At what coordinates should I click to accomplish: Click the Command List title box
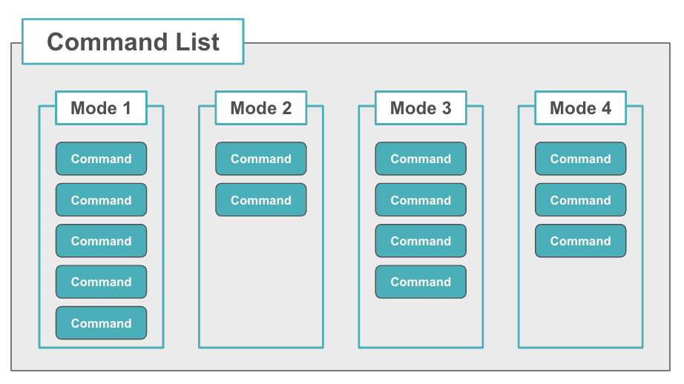tap(133, 42)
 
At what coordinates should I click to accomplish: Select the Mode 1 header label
tap(101, 108)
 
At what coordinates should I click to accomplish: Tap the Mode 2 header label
tap(261, 108)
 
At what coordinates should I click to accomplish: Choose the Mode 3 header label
tap(421, 108)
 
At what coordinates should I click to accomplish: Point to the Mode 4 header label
tap(580, 108)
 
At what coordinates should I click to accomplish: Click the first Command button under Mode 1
tap(101, 159)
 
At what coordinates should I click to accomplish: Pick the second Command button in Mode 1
tap(101, 200)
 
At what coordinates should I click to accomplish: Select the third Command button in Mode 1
tap(101, 241)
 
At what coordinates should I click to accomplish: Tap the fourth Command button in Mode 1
tap(101, 282)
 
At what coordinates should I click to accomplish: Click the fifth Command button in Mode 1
tap(101, 323)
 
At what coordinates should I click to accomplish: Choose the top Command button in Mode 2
tap(261, 159)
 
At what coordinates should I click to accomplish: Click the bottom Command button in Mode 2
tap(261, 200)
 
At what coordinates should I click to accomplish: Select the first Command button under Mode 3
tap(421, 159)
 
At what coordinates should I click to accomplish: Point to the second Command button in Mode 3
tap(421, 200)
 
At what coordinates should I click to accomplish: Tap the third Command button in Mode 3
tap(421, 241)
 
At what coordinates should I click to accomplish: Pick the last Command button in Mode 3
tap(421, 282)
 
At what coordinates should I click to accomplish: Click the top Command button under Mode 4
tap(580, 159)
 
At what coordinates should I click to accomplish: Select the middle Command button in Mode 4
tap(580, 200)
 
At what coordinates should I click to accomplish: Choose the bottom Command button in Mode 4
tap(580, 241)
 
